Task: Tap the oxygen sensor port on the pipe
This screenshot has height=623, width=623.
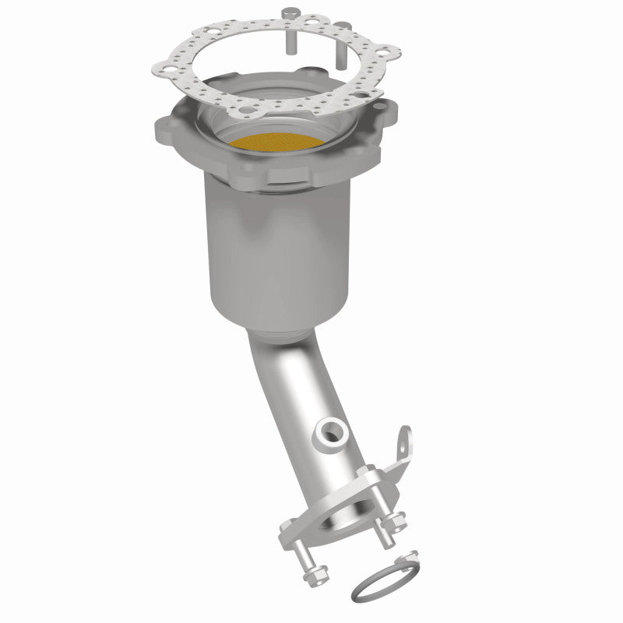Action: click(x=331, y=430)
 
